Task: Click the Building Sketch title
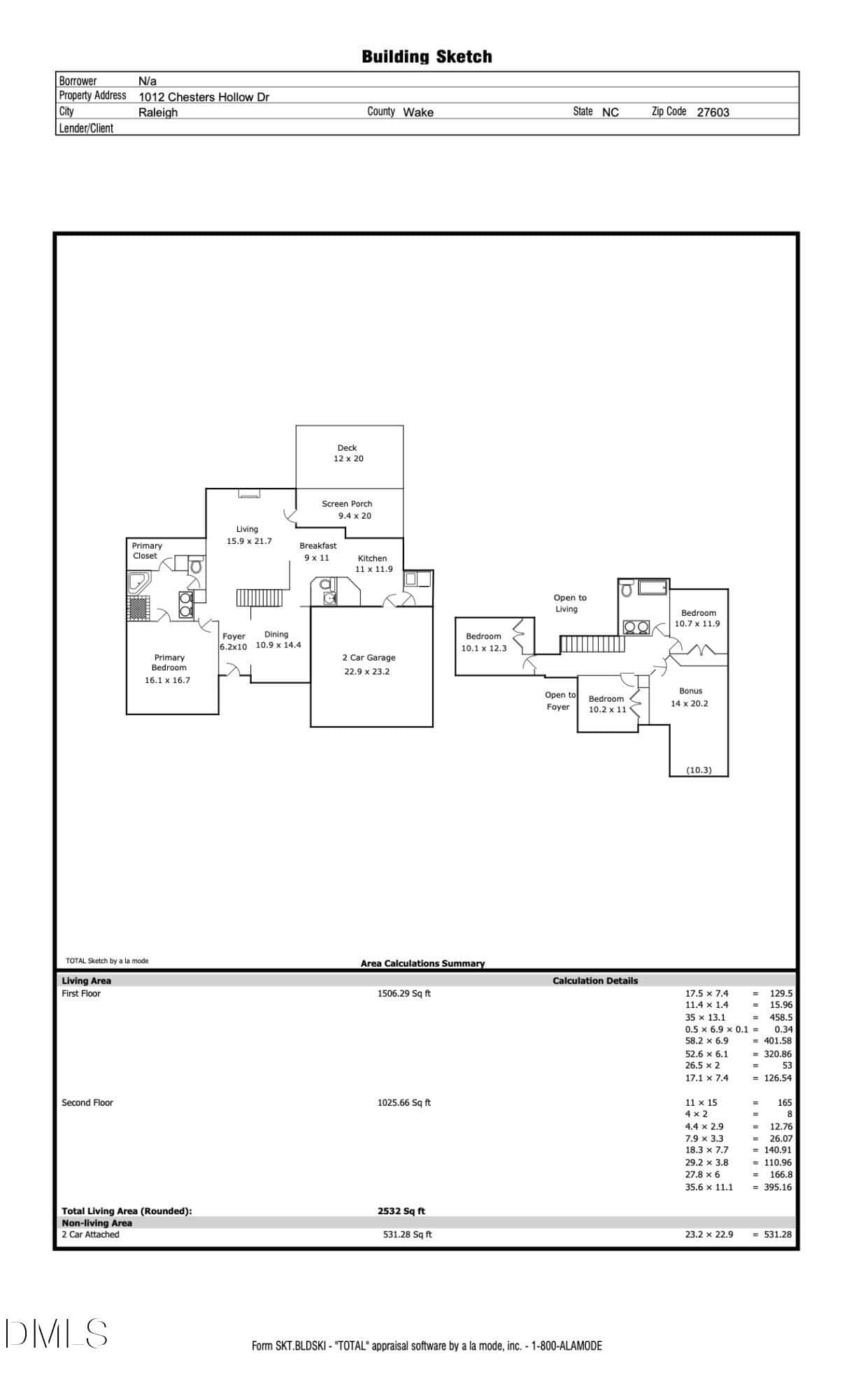[427, 57]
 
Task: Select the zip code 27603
[713, 112]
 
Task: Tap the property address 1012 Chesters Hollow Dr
[204, 97]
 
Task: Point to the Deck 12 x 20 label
[348, 453]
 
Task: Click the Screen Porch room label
[347, 510]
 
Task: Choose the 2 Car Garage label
[369, 665]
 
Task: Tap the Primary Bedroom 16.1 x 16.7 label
[168, 669]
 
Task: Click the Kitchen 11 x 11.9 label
[373, 563]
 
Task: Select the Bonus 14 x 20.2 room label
[690, 697]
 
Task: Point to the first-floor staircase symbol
[260, 599]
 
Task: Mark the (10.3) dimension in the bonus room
[699, 770]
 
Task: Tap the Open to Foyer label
[559, 700]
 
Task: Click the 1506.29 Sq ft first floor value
[404, 993]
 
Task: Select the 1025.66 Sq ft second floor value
[404, 1102]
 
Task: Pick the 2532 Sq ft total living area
[401, 1211]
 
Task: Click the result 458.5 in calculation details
[781, 1017]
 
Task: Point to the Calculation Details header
[595, 981]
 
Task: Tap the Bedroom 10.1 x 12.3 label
[484, 642]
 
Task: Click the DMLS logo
[57, 1334]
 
